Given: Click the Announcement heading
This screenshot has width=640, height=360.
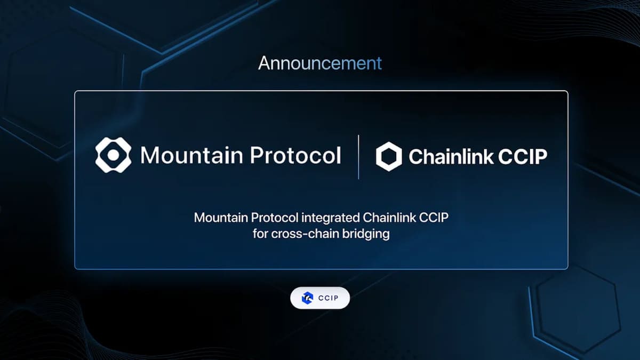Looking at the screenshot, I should click(320, 63).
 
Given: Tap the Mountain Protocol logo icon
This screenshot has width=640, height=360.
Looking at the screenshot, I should click(113, 155).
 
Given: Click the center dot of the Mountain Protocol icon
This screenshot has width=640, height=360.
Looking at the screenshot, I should click(113, 155).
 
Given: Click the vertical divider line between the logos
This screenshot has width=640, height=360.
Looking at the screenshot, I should click(358, 157).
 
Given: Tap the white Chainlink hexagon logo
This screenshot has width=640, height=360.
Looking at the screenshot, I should click(389, 157).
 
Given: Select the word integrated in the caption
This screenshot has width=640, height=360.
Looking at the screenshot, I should click(332, 219).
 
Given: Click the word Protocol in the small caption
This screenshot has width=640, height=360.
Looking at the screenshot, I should click(275, 219).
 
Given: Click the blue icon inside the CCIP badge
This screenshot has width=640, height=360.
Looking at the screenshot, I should click(307, 298).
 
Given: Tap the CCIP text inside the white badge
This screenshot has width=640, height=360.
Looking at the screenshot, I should click(328, 298).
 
